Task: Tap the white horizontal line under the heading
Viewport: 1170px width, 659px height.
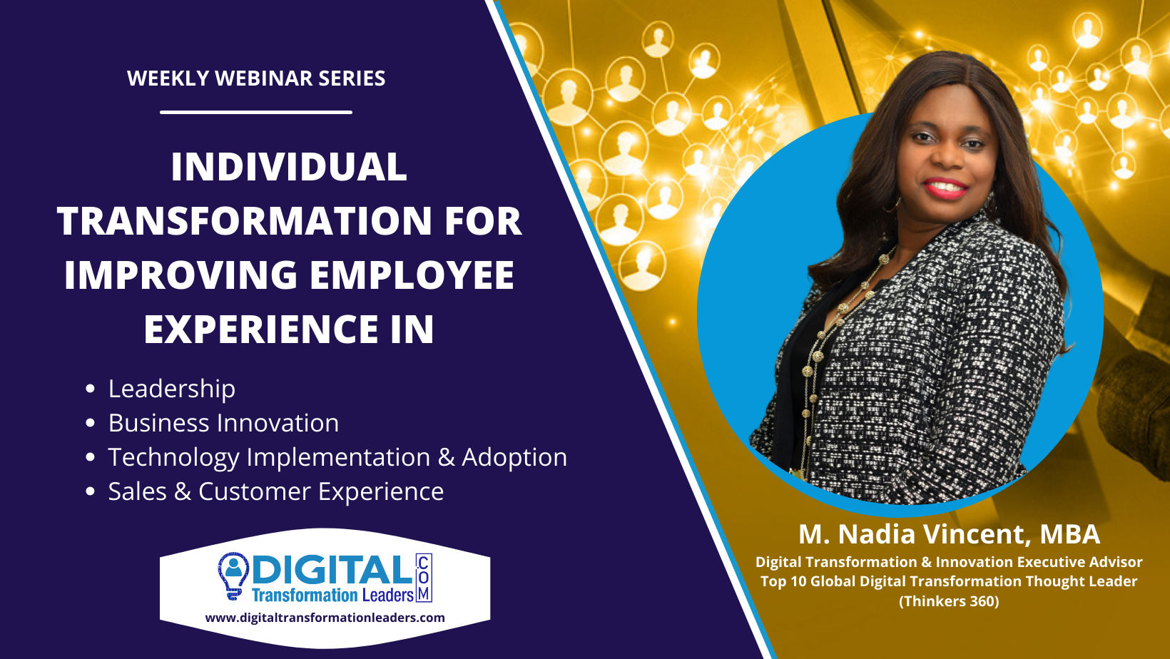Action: (256, 112)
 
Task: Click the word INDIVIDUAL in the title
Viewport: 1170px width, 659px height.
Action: (289, 167)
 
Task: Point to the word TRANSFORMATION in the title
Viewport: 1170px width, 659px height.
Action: (245, 221)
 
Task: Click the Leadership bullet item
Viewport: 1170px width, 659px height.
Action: (172, 389)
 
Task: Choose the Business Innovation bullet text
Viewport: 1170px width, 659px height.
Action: (223, 423)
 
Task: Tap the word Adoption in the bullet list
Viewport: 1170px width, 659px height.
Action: (514, 458)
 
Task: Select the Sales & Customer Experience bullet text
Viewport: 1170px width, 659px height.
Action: (276, 492)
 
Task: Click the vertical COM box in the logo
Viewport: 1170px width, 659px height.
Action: (424, 578)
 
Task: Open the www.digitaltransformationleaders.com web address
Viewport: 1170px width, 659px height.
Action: (325, 618)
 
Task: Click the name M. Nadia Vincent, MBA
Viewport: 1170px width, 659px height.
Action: (949, 534)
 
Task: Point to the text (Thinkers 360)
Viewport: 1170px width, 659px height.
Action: (949, 601)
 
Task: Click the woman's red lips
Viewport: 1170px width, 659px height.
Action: (946, 188)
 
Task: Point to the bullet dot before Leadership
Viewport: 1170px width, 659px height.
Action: (90, 389)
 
